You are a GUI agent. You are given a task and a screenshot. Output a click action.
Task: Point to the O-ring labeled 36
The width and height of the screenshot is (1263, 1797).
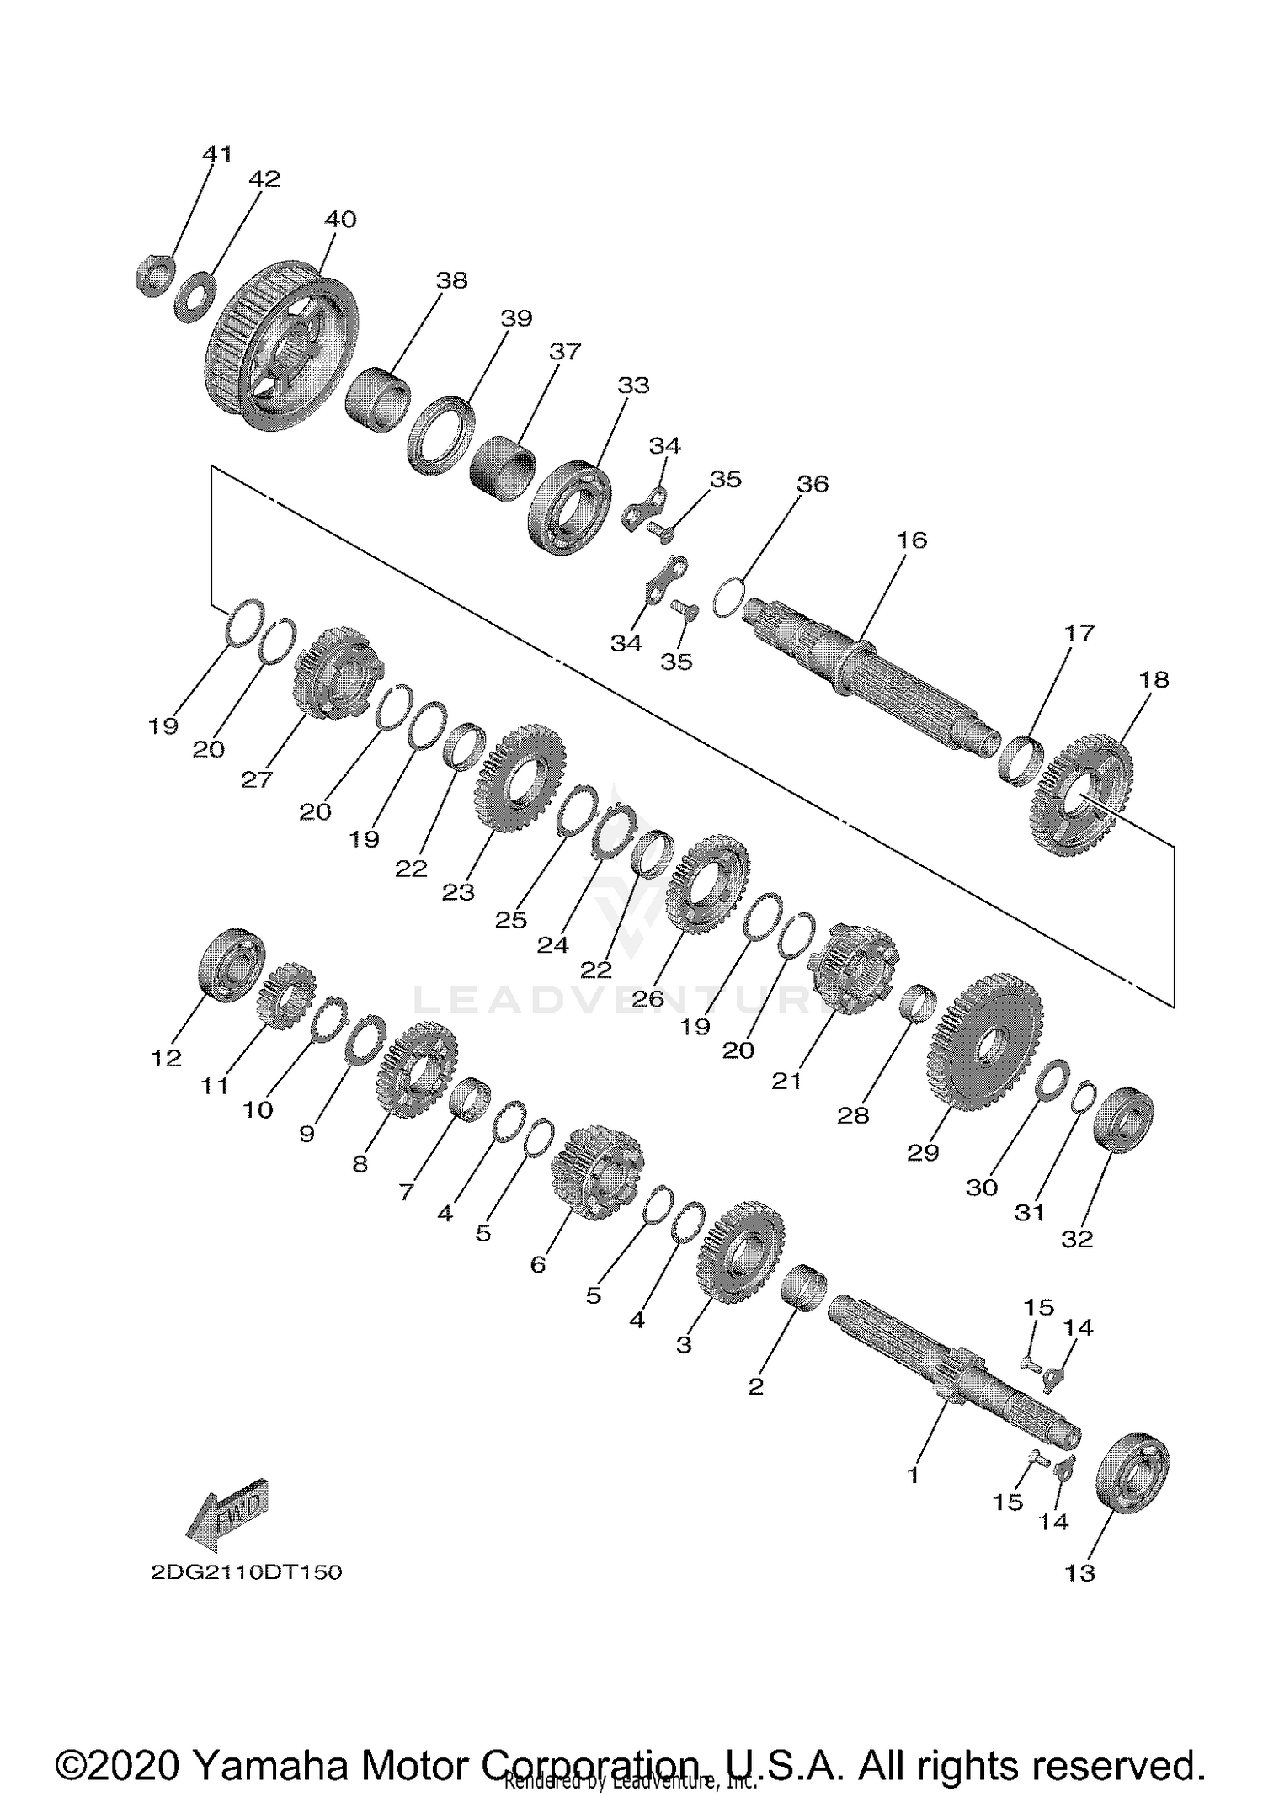point(729,596)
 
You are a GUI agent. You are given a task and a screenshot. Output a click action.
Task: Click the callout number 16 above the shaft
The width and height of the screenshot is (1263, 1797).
point(911,540)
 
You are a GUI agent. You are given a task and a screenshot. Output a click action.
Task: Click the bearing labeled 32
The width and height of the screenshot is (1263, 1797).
point(1122,1119)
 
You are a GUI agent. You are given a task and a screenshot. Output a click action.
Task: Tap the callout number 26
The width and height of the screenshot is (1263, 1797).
point(648,998)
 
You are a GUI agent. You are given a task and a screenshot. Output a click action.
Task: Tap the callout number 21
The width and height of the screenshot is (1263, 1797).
point(786,1080)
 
